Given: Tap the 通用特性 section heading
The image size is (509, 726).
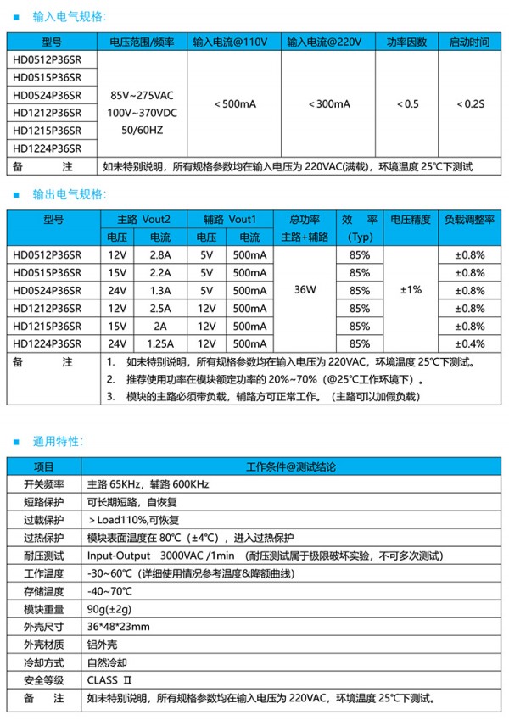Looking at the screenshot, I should click(x=58, y=441).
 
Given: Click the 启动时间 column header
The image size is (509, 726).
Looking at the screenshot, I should click(x=468, y=42).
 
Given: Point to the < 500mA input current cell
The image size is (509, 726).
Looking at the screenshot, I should click(x=232, y=103).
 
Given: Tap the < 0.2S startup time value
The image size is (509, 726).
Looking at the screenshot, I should click(x=468, y=103).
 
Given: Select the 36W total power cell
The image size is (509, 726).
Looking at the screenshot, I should click(x=305, y=290).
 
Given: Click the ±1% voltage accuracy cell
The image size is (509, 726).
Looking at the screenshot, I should click(x=411, y=290).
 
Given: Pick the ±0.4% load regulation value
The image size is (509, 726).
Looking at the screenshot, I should click(x=469, y=343).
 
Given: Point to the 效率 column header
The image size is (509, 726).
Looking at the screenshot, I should click(x=360, y=219).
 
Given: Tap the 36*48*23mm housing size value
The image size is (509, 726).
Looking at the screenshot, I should click(x=119, y=627).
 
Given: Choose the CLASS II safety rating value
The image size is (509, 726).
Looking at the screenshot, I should click(x=111, y=680).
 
